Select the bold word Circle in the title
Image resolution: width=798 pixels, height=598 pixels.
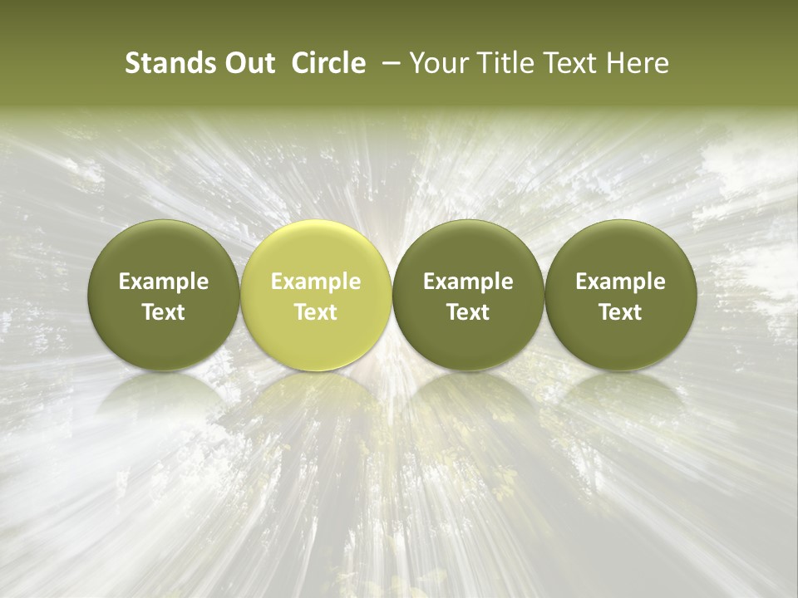tap(328, 64)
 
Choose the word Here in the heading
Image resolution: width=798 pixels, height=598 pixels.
tap(636, 64)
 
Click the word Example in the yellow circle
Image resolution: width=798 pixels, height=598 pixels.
tap(316, 282)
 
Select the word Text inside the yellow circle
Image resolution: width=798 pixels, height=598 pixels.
tap(316, 312)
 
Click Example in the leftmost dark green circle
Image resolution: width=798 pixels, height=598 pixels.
tap(164, 282)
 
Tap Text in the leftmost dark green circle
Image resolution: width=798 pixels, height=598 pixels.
tap(164, 312)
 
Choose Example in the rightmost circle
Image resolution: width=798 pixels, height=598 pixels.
tap(620, 282)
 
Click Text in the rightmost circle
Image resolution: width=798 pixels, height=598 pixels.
tap(620, 312)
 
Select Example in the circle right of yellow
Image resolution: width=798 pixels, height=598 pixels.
tap(468, 282)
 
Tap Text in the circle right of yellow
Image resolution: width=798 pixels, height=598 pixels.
tap(468, 312)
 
